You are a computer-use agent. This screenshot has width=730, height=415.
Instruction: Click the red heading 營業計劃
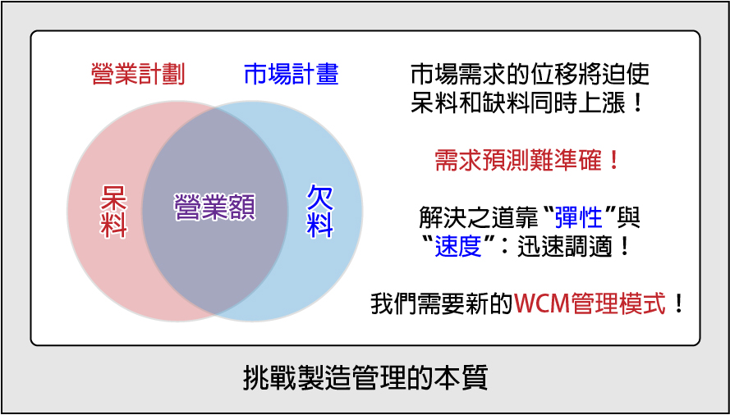tap(138, 75)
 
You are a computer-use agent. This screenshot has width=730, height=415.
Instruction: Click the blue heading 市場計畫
tap(292, 75)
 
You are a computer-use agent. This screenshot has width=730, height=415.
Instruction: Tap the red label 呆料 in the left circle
tap(113, 212)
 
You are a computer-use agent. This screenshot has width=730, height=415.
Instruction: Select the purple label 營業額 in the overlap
tap(214, 207)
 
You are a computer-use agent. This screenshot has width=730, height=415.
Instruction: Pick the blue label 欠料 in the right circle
tap(320, 212)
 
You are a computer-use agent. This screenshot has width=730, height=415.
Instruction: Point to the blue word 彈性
tap(579, 218)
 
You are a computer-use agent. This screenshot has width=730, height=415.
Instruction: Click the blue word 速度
tap(458, 248)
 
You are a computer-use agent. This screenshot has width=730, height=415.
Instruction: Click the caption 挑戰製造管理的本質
tap(365, 378)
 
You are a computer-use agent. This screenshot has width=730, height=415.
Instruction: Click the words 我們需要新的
tap(443, 304)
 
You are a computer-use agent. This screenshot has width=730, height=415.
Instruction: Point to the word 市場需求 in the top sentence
tap(457, 75)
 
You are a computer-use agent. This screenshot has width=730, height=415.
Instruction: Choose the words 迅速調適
tap(563, 248)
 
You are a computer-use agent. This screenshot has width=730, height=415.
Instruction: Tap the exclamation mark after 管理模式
tap(678, 305)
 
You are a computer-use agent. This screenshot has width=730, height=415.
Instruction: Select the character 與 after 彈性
tap(629, 218)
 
